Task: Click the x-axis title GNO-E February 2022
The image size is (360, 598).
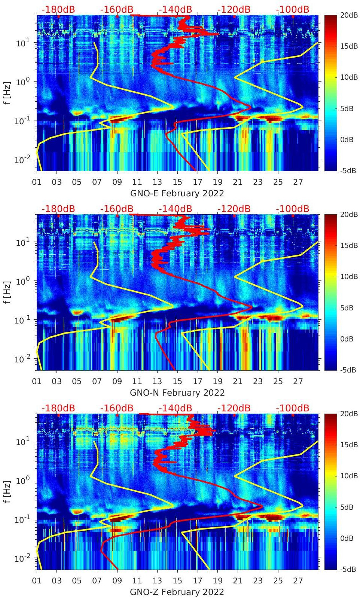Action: point(177,193)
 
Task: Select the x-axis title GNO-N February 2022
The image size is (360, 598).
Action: point(177,393)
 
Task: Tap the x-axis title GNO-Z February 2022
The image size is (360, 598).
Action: point(177,592)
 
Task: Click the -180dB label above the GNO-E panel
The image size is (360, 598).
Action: point(58,9)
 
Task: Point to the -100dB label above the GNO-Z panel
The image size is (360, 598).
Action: point(293,408)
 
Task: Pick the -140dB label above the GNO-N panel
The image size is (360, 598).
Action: point(175,209)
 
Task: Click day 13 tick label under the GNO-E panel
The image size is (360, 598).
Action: point(157,182)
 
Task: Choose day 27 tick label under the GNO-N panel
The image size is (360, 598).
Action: point(298,381)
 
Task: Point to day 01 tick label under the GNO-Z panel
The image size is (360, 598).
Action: point(37,581)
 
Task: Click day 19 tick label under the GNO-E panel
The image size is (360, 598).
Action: point(217,182)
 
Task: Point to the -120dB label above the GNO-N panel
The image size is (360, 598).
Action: point(234,209)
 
